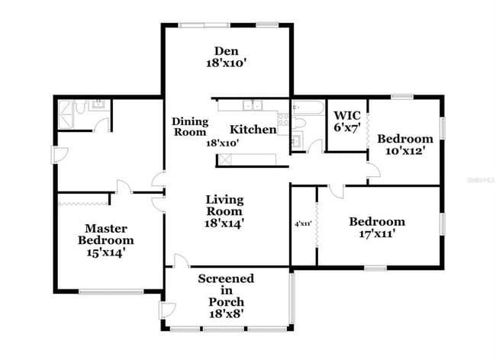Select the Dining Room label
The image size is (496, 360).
pyautogui.click(x=189, y=127)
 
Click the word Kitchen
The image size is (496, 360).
pyautogui.click(x=253, y=130)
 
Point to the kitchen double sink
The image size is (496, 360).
pyautogui.click(x=250, y=105)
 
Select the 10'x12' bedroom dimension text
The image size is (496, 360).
pyautogui.click(x=404, y=151)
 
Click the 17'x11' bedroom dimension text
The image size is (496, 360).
pyautogui.click(x=377, y=234)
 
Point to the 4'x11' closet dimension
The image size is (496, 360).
pyautogui.click(x=304, y=223)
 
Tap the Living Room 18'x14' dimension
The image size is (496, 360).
pyautogui.click(x=224, y=223)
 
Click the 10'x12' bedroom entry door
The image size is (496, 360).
pyautogui.click(x=373, y=175)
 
